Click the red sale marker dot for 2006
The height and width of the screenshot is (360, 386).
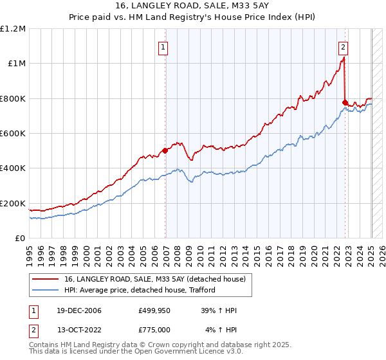(x=165, y=150)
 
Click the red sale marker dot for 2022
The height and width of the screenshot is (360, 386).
(x=345, y=102)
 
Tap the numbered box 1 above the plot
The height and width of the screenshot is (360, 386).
(x=163, y=46)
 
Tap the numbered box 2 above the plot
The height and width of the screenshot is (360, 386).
(x=344, y=46)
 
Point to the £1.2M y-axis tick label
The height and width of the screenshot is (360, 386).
(x=13, y=29)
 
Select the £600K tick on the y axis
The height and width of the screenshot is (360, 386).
(x=13, y=134)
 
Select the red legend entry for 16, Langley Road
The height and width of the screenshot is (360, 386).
(x=154, y=279)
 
